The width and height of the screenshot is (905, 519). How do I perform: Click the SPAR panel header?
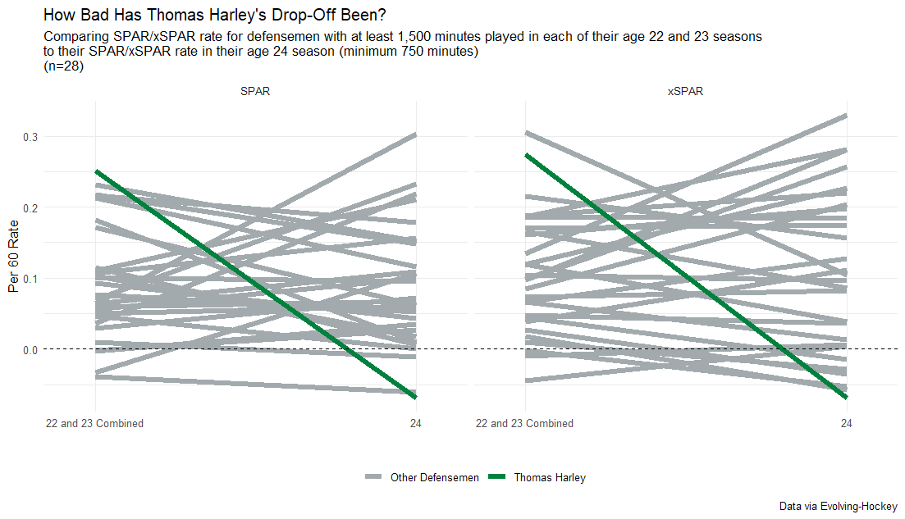point(255,92)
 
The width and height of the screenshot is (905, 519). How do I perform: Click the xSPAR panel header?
point(685,92)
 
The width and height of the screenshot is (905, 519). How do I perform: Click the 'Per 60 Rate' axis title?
point(13,256)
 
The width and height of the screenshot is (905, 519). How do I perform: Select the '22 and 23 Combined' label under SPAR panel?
point(95,424)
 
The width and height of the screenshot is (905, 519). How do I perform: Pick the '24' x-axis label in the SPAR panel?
point(416,424)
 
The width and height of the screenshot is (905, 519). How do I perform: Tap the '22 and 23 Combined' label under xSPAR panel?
point(525,424)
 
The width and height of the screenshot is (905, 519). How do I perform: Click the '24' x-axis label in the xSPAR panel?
point(846,424)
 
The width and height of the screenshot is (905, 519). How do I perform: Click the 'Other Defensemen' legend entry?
point(434,478)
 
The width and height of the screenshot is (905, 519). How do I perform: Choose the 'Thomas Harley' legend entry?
point(550,478)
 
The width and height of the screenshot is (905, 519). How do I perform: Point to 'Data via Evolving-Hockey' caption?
point(838,507)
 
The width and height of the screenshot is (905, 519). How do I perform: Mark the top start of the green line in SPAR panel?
point(96,171)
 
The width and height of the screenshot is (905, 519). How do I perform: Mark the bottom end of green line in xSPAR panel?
point(846,398)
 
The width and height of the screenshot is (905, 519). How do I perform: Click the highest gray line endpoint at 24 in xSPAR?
point(846,116)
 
